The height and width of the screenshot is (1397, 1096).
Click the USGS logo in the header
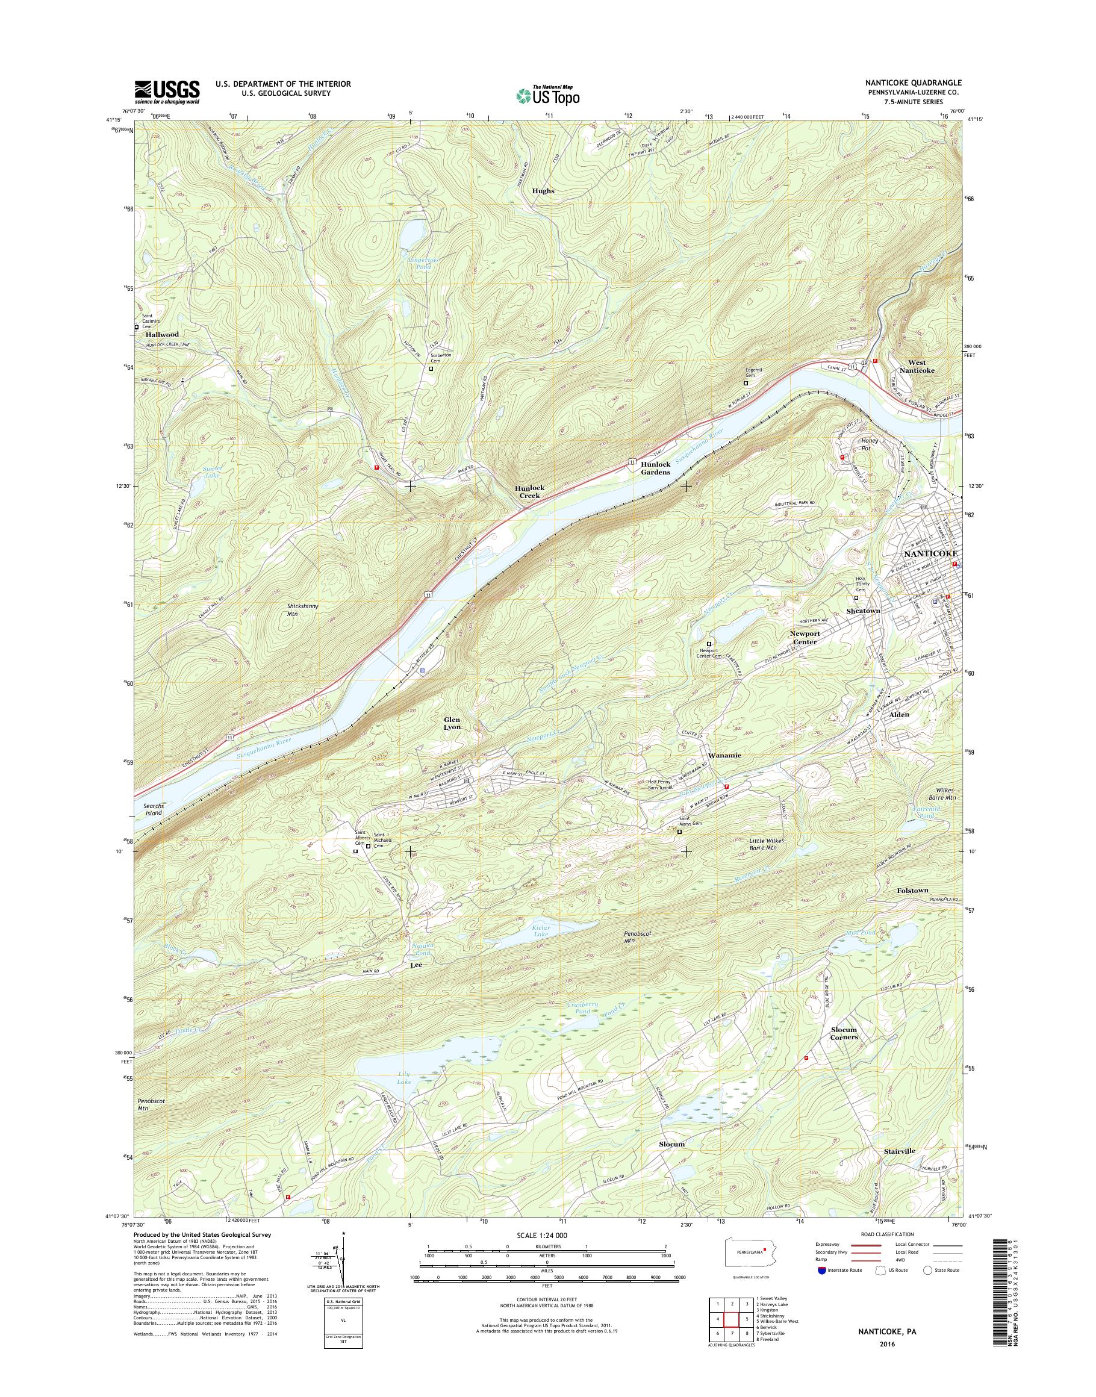tap(167, 92)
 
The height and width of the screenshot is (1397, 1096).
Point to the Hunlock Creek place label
tap(529, 491)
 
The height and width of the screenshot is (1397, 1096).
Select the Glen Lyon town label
tap(452, 723)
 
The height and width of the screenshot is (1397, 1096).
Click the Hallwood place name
tap(162, 334)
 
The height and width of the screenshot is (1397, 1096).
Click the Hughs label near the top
tap(543, 191)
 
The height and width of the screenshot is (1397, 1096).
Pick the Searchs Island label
tap(149, 809)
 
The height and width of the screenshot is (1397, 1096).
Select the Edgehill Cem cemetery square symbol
tap(746, 383)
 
